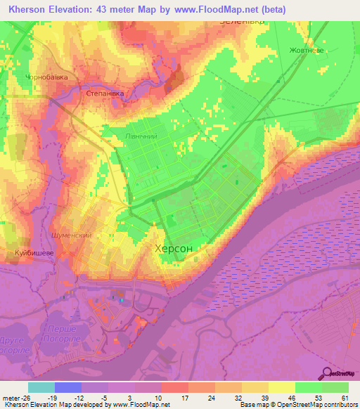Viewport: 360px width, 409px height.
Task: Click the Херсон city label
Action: (173, 248)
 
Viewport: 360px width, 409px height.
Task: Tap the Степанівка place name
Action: (105, 93)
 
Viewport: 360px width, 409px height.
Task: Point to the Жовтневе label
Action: (306, 50)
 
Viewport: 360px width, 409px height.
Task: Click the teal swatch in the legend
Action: (41, 387)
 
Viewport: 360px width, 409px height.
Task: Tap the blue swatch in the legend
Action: (68, 387)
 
